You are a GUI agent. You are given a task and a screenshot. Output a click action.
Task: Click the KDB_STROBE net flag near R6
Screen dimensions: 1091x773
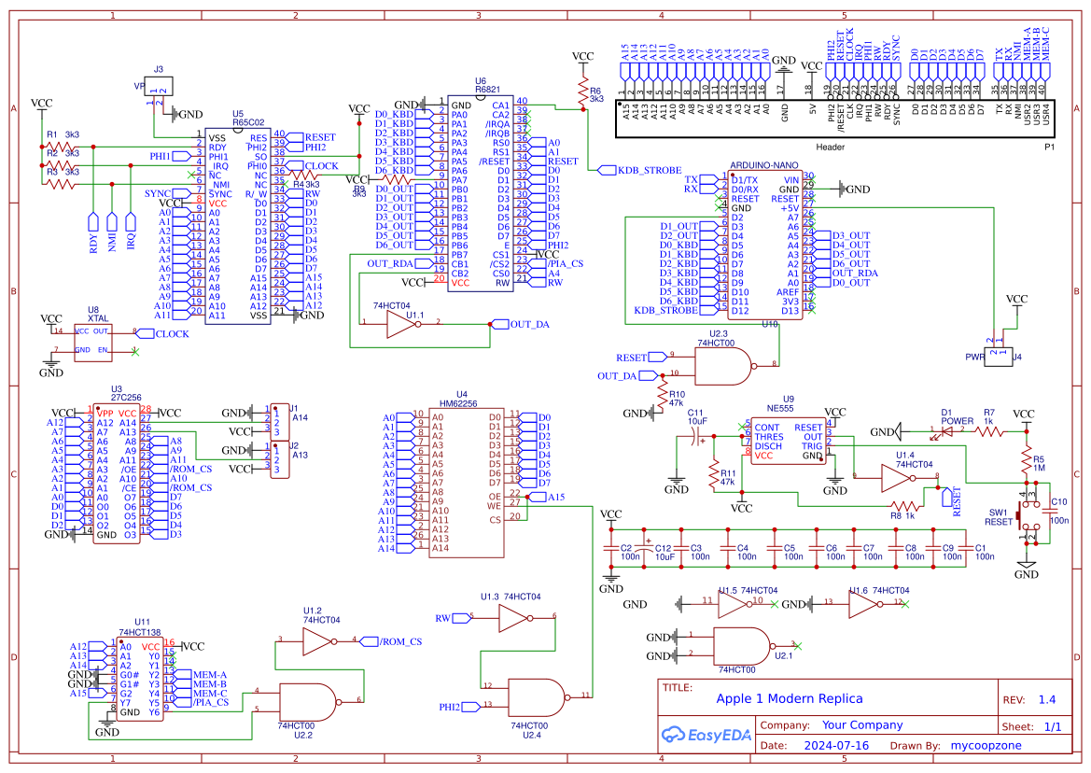(624, 171)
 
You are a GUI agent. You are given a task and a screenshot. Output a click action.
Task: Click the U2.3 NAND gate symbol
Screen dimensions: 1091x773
(724, 365)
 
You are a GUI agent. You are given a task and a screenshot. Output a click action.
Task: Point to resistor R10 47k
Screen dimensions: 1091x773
(664, 399)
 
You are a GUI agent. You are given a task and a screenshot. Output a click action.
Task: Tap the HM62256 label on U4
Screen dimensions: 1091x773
(458, 404)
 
